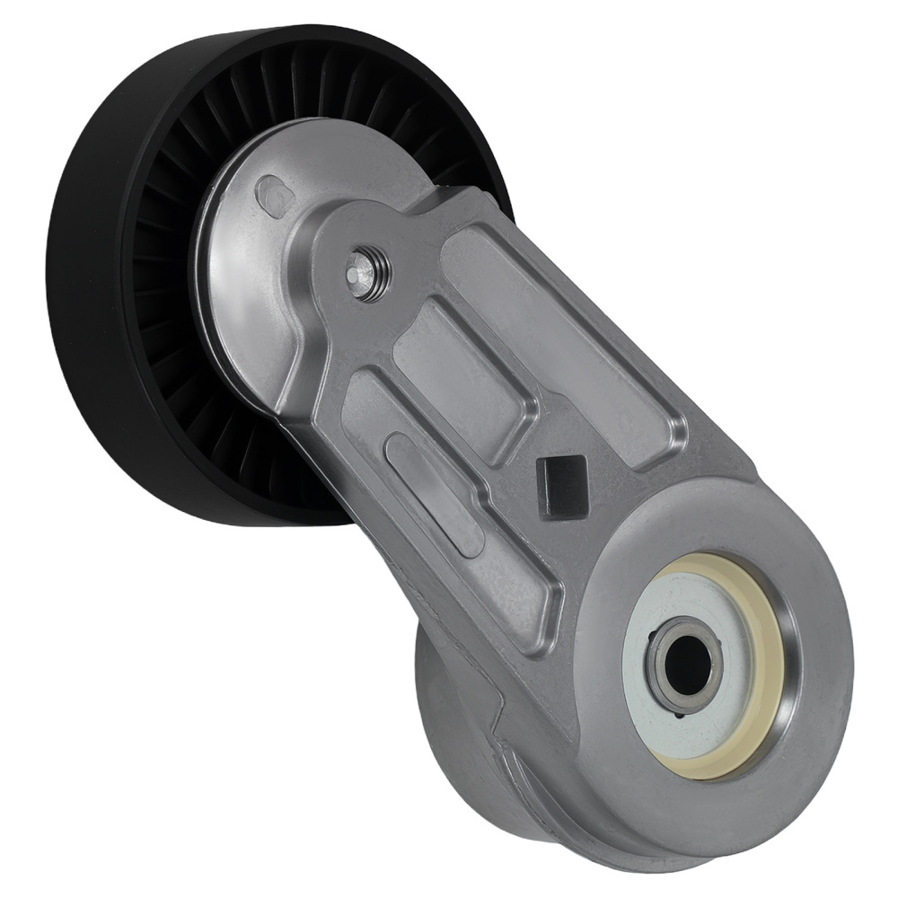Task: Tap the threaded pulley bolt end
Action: [x=366, y=267]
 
